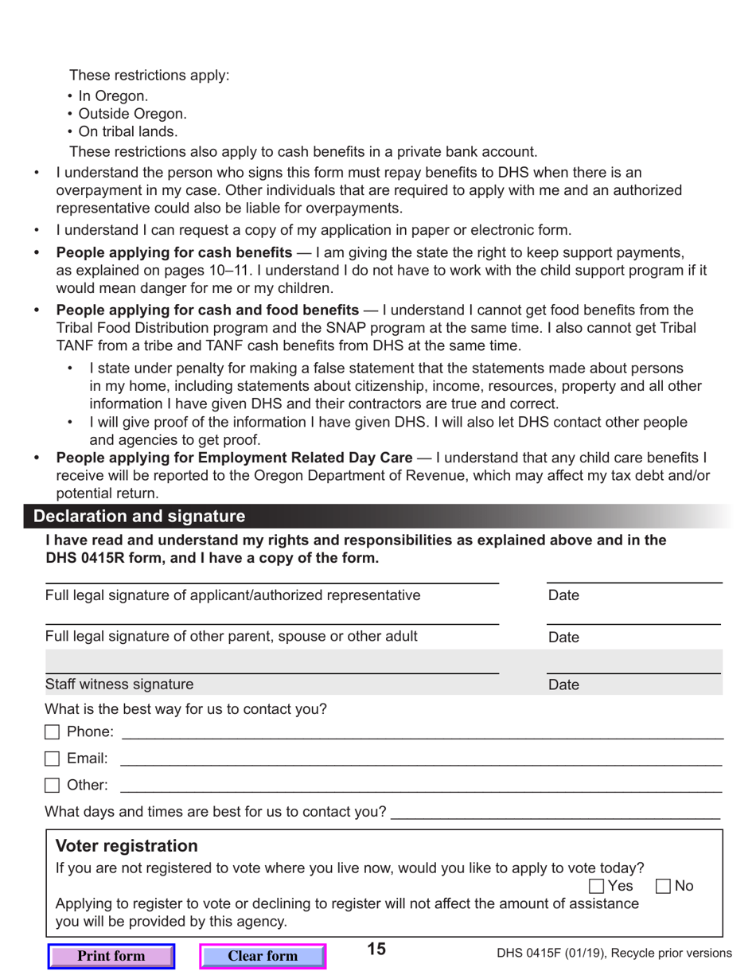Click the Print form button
click(x=111, y=956)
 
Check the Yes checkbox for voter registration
click(x=597, y=886)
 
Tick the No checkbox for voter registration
click(x=663, y=886)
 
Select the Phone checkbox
click(x=52, y=731)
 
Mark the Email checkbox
click(x=52, y=759)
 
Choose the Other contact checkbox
click(x=52, y=786)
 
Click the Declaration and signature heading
click(x=139, y=517)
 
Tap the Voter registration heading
click(x=127, y=845)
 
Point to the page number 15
click(x=376, y=949)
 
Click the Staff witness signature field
click(x=271, y=663)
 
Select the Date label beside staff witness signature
click(x=563, y=685)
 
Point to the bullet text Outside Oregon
click(x=132, y=114)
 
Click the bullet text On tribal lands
click(x=127, y=132)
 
